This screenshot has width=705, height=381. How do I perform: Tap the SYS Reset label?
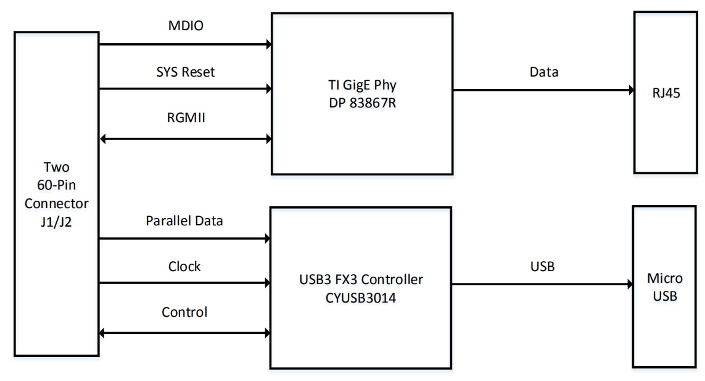[x=186, y=72]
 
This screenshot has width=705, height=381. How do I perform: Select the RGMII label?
[x=186, y=117]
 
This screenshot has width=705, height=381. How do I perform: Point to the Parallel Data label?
[x=184, y=221]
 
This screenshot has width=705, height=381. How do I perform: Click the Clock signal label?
[x=184, y=267]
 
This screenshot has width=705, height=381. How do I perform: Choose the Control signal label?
[x=184, y=312]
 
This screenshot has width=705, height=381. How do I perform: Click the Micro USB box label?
[x=664, y=287]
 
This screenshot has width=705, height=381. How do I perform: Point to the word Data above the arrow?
[x=544, y=72]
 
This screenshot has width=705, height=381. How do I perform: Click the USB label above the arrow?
[x=543, y=267]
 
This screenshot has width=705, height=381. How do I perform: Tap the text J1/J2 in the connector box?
[x=56, y=219]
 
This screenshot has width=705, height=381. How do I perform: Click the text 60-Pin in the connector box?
[x=56, y=185]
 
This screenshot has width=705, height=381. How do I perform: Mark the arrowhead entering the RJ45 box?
[x=630, y=90]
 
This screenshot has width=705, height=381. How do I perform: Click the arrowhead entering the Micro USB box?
[x=629, y=285]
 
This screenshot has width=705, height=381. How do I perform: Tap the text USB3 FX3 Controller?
[x=361, y=280]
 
